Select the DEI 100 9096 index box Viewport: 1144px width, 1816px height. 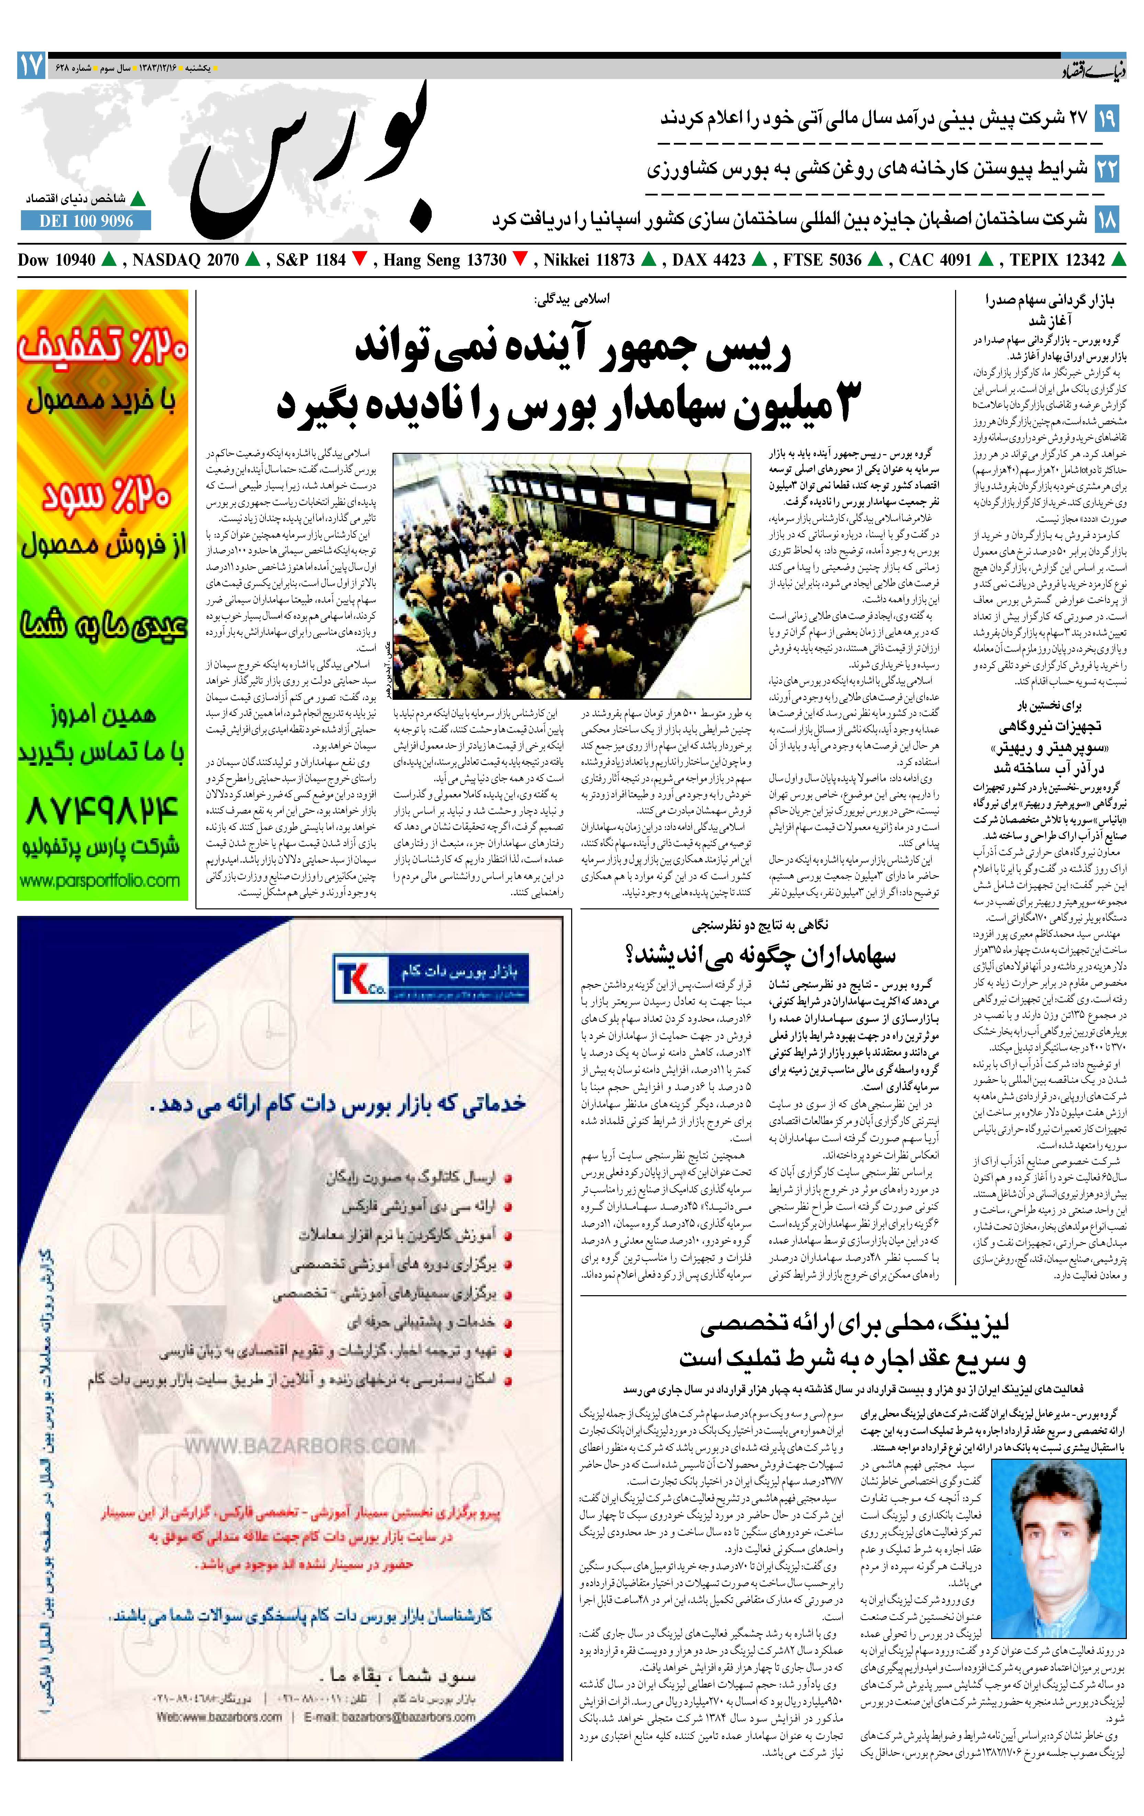click(x=86, y=221)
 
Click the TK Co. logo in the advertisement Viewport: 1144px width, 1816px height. click(x=361, y=977)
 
